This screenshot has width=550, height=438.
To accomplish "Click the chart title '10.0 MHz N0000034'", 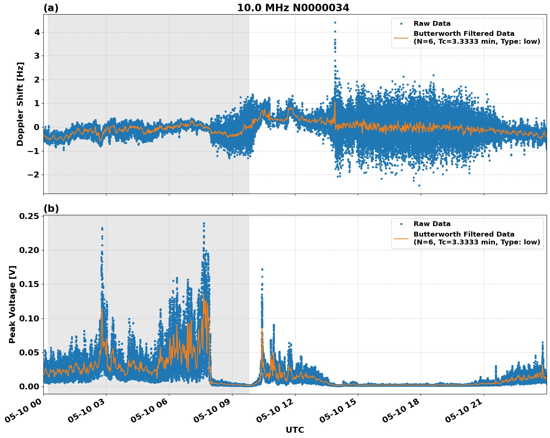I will pyautogui.click(x=293, y=8).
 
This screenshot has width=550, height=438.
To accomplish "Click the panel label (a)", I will pyautogui.click(x=51, y=8).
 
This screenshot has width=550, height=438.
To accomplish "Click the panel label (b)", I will pyautogui.click(x=51, y=209).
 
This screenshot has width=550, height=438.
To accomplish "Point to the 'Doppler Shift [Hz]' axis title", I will pyautogui.click(x=20, y=104).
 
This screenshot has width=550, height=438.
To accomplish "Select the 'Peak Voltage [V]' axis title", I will pyautogui.click(x=12, y=304).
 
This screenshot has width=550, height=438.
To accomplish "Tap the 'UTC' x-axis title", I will pyautogui.click(x=295, y=430).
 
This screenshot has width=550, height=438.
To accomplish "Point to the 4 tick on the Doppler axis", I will pyautogui.click(x=37, y=32).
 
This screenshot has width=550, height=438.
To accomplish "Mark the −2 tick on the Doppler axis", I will pyautogui.click(x=34, y=175).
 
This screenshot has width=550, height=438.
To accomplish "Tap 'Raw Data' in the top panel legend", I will pyautogui.click(x=432, y=24).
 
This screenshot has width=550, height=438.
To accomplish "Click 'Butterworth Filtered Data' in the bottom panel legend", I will pyautogui.click(x=464, y=234).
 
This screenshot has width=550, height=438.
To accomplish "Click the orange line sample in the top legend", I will pyautogui.click(x=401, y=37).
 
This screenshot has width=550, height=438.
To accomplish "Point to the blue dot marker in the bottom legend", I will pyautogui.click(x=401, y=224).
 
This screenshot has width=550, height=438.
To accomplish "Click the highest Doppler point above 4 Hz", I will pyautogui.click(x=335, y=22).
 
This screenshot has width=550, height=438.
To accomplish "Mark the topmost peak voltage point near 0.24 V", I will pyautogui.click(x=204, y=223).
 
